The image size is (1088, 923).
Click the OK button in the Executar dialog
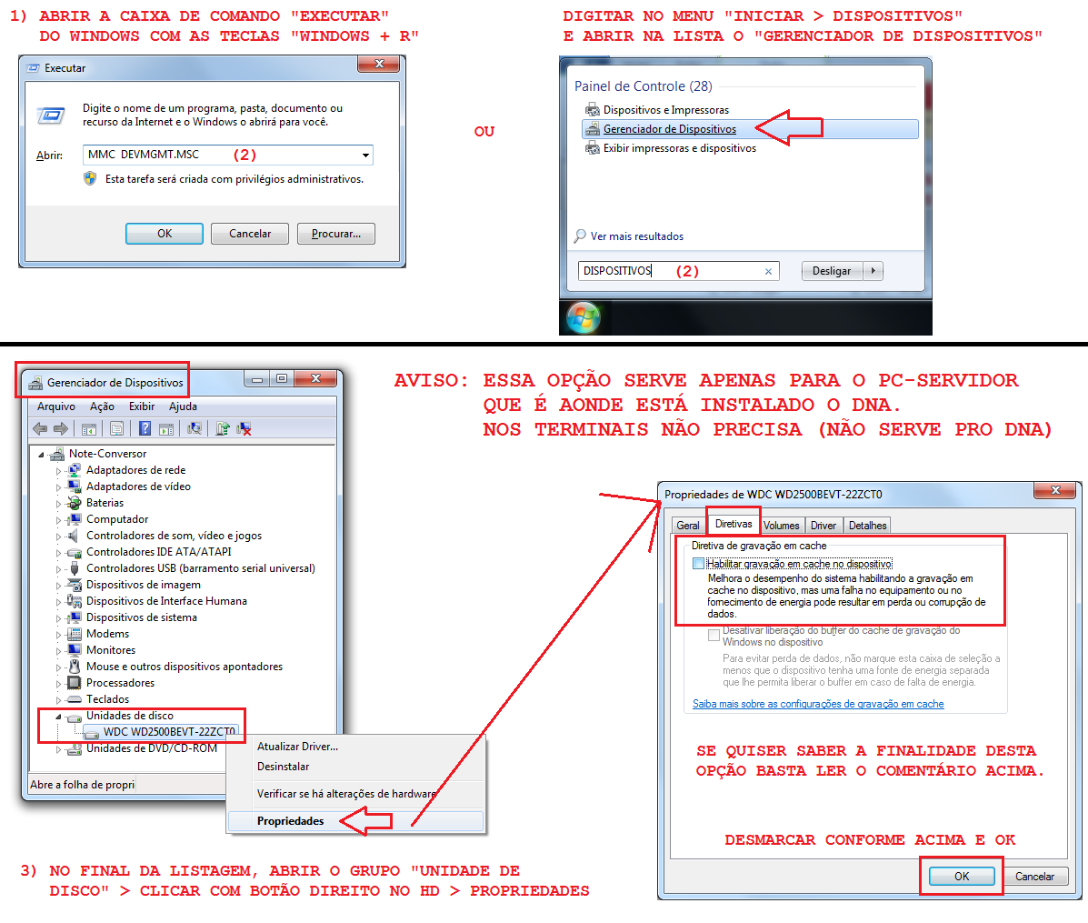pyautogui.click(x=165, y=234)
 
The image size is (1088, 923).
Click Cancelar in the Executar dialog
pyautogui.click(x=250, y=234)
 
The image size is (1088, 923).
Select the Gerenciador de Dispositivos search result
pyautogui.click(x=670, y=129)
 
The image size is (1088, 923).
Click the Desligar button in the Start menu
pyautogui.click(x=832, y=271)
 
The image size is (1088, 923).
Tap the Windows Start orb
pyautogui.click(x=584, y=318)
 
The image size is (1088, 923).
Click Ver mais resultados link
pyautogui.click(x=637, y=236)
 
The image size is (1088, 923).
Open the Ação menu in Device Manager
pyautogui.click(x=102, y=406)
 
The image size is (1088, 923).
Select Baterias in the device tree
pyautogui.click(x=105, y=503)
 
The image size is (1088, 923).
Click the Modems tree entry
pyautogui.click(x=107, y=634)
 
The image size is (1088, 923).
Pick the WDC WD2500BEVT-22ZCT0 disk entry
pyautogui.click(x=169, y=731)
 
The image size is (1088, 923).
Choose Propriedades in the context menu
pyautogui.click(x=290, y=821)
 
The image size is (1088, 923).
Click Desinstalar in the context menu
pyautogui.click(x=283, y=767)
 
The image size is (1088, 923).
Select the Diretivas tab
pyautogui.click(x=734, y=524)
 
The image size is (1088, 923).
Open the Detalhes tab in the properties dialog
pyautogui.click(x=867, y=526)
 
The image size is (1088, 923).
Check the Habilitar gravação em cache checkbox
pyautogui.click(x=698, y=564)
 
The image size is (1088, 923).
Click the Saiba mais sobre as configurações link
pyautogui.click(x=818, y=704)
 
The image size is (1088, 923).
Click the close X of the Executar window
pyautogui.click(x=379, y=64)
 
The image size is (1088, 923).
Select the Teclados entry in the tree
pyautogui.click(x=107, y=699)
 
